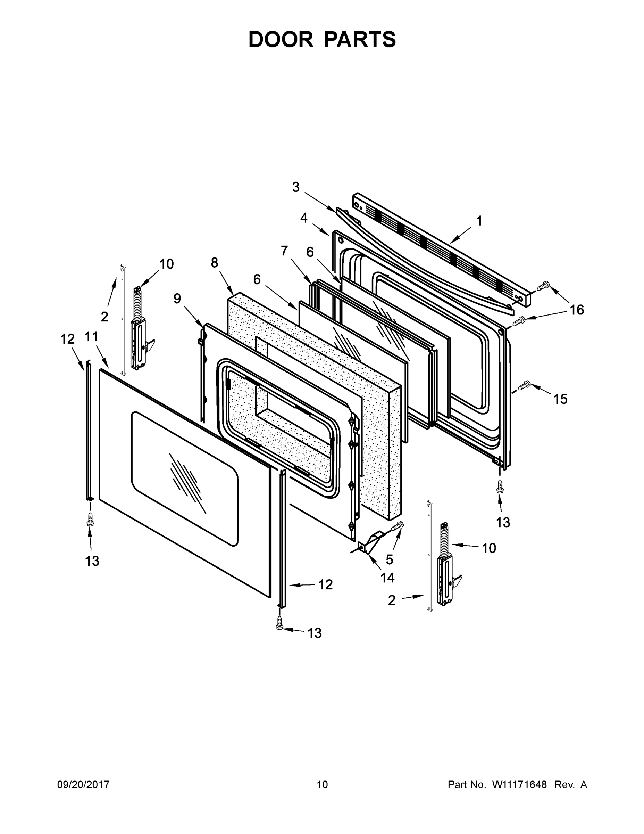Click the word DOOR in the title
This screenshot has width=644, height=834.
[281, 40]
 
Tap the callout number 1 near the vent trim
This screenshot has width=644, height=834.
[479, 221]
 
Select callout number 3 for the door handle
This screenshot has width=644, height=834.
[296, 187]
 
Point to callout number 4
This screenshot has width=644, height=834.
[304, 218]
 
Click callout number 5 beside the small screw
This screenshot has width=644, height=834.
[389, 559]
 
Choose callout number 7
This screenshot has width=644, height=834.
[284, 251]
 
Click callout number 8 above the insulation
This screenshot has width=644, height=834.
[215, 263]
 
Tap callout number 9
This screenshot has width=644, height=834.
[177, 299]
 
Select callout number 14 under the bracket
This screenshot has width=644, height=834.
[387, 578]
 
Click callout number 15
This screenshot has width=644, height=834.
[560, 399]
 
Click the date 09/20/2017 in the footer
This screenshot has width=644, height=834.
[83, 785]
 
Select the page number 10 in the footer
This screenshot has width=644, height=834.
[323, 785]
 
